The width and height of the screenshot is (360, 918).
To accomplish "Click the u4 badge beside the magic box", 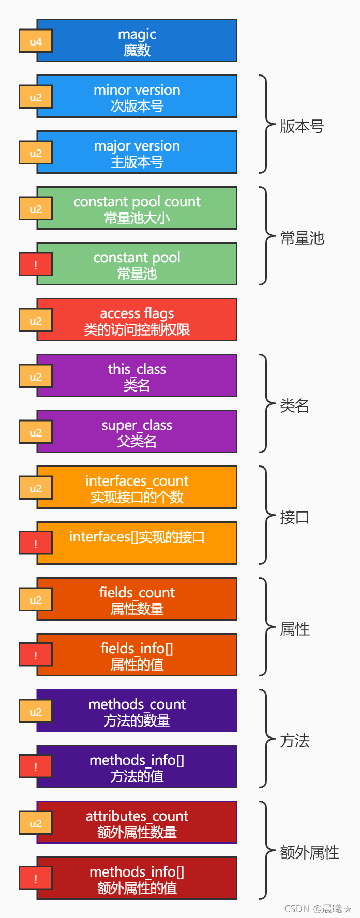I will (x=36, y=41).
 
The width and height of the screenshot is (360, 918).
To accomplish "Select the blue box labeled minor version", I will (x=137, y=97).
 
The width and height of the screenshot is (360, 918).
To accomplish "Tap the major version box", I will (x=137, y=153).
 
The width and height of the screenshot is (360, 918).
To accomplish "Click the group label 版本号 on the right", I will (x=302, y=126).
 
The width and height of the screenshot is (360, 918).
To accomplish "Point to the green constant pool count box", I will (x=137, y=208).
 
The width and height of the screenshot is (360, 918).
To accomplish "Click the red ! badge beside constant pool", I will (x=36, y=264).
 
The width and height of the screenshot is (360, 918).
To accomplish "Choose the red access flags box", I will (x=137, y=320).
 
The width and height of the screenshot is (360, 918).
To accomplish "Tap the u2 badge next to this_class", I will (x=36, y=377).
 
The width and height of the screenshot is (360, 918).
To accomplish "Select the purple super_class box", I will (x=137, y=432).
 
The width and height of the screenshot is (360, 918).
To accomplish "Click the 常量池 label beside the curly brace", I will (x=302, y=238).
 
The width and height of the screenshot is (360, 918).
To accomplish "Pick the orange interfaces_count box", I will (x=137, y=488).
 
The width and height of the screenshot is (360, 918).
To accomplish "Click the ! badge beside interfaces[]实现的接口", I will (x=36, y=543).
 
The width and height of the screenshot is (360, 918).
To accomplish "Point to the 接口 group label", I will (x=294, y=517).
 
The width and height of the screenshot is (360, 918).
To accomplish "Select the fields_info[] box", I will (x=137, y=655).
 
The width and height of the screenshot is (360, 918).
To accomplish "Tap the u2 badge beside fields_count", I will (x=36, y=600).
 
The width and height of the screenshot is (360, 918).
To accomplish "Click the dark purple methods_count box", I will (x=137, y=711).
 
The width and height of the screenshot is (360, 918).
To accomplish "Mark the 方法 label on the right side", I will (x=294, y=741).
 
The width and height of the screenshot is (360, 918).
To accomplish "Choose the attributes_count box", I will (x=137, y=823).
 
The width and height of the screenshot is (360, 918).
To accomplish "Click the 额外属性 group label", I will (x=309, y=852).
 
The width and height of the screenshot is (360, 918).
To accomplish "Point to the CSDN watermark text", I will (x=318, y=909).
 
